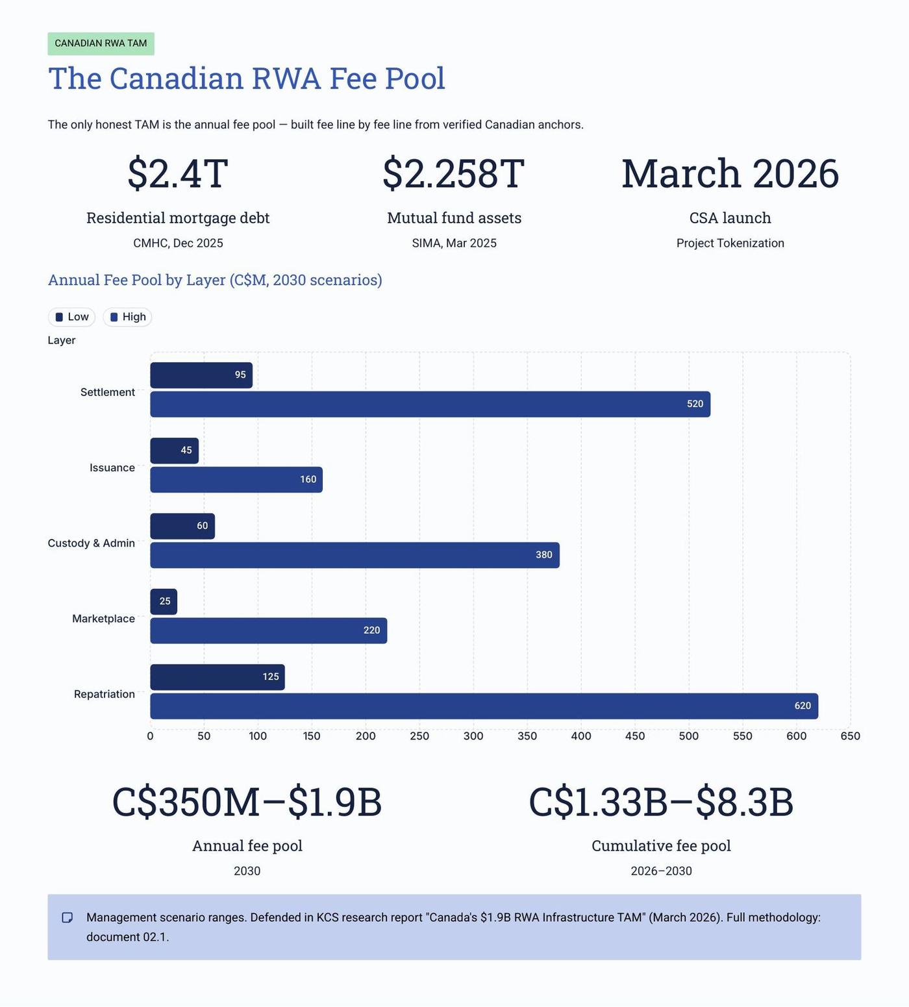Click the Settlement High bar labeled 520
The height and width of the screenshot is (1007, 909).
click(x=430, y=404)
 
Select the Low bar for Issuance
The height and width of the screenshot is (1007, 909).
click(x=174, y=451)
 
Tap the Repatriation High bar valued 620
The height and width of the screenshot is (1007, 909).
click(x=484, y=706)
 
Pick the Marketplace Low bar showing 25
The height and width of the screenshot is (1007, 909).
click(x=164, y=602)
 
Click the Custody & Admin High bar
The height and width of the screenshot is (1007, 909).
click(x=355, y=555)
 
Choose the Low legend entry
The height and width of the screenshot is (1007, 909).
click(x=71, y=317)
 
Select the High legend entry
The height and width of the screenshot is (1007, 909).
click(x=127, y=317)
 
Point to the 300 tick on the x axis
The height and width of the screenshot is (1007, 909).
click(x=473, y=736)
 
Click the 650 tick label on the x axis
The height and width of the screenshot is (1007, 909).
click(x=850, y=736)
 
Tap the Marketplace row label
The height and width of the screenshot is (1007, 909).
click(x=103, y=619)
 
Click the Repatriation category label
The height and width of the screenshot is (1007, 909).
click(x=105, y=694)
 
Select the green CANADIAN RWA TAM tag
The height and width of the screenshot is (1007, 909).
click(x=101, y=44)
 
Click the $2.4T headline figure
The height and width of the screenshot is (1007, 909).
click(x=178, y=173)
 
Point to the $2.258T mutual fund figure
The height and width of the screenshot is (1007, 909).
click(x=454, y=173)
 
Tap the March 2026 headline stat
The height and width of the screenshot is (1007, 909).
click(x=730, y=173)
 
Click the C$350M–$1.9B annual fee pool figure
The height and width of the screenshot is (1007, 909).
click(x=247, y=802)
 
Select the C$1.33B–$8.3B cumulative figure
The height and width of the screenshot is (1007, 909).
click(x=661, y=802)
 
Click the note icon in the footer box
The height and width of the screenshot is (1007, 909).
click(x=67, y=917)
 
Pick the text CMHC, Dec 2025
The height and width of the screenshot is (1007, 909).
click(x=178, y=243)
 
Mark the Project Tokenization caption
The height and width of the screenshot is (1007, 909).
click(x=730, y=243)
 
